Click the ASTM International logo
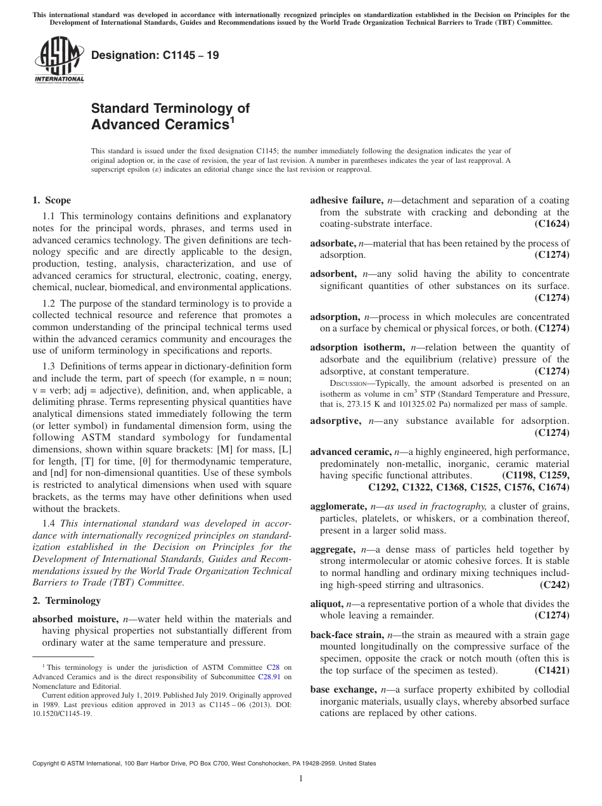point(58,61)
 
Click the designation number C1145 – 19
point(156,55)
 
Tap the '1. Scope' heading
point(51,201)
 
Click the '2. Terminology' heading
point(67,601)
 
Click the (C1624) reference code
point(552,224)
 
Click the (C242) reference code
point(554,585)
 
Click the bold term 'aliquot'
point(327,604)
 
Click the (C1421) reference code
point(552,670)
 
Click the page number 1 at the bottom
point(301,779)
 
